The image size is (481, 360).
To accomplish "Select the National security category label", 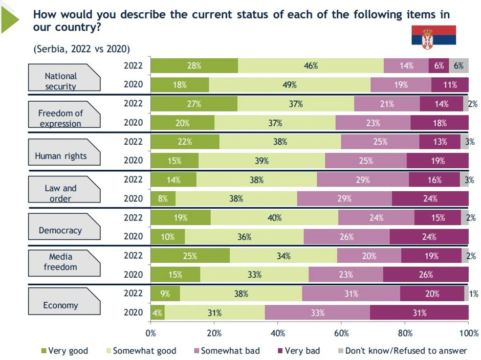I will (x=60, y=80).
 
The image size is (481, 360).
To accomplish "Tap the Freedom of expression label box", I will (x=60, y=118).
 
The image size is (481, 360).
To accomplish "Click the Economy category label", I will (x=60, y=305).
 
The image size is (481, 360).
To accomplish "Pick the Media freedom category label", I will (x=60, y=261).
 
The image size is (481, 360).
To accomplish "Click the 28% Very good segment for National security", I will (x=194, y=65).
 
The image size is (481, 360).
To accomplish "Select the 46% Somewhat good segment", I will (x=311, y=65).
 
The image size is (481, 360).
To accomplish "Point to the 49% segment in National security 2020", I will (x=290, y=85).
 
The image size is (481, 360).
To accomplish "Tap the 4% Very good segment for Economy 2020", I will (x=158, y=312).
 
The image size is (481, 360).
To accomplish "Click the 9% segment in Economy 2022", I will (x=165, y=294).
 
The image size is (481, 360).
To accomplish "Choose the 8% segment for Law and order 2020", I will (x=163, y=199).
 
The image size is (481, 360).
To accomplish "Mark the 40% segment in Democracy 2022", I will (x=274, y=218).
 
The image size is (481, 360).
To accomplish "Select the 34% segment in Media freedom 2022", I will (x=283, y=256).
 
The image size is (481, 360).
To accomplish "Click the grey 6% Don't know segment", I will (x=458, y=65).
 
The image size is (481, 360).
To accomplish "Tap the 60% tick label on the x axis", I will (x=341, y=333).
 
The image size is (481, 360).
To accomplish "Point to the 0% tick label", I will (x=151, y=333).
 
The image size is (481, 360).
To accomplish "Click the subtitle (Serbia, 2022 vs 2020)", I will (x=81, y=49).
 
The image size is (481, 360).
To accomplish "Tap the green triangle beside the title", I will (x=10, y=19).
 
